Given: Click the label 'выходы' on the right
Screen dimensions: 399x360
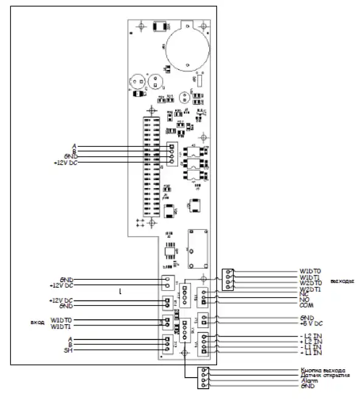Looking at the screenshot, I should click(342, 282).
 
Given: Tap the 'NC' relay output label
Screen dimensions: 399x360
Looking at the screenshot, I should click(303, 294).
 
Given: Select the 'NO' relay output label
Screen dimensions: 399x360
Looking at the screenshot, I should click(304, 300).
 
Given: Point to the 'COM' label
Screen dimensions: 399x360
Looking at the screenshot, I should click(306, 306).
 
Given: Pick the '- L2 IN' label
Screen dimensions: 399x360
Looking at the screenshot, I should click(310, 336).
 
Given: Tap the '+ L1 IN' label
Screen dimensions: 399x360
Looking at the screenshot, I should click(310, 353).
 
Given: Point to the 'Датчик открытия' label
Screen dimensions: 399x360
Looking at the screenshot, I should click(324, 375).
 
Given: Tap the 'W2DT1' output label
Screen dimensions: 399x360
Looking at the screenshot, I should click(311, 288).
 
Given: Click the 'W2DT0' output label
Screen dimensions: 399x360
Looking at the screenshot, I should click(311, 283).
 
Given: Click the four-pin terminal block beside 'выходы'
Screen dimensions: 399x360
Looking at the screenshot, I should click(228, 280).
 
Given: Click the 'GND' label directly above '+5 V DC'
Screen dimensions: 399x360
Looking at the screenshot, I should click(306, 317).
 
